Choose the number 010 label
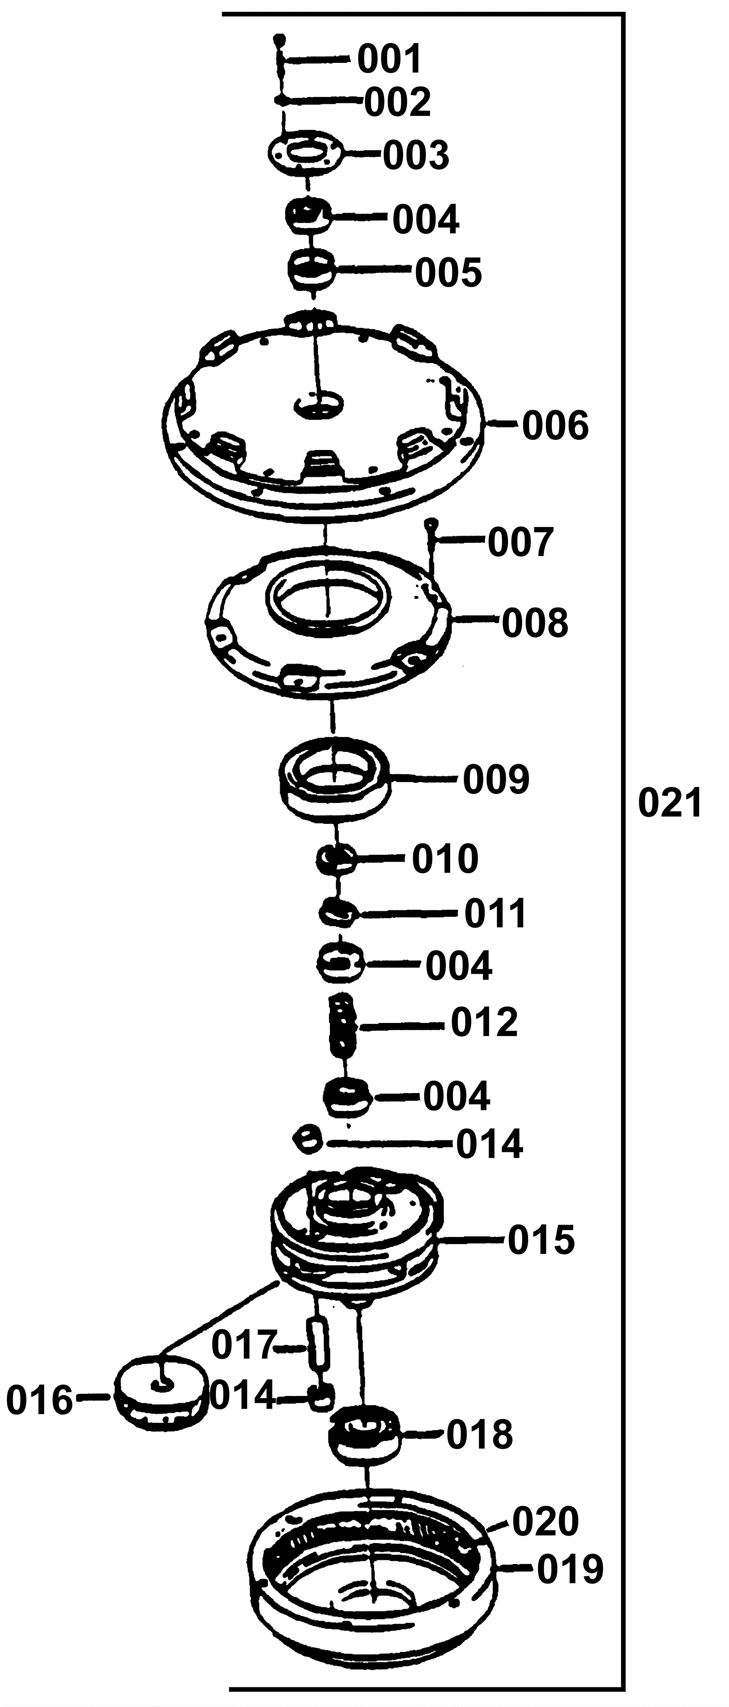(445, 859)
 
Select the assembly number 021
(669, 804)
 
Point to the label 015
(541, 1239)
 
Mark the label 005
(448, 272)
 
